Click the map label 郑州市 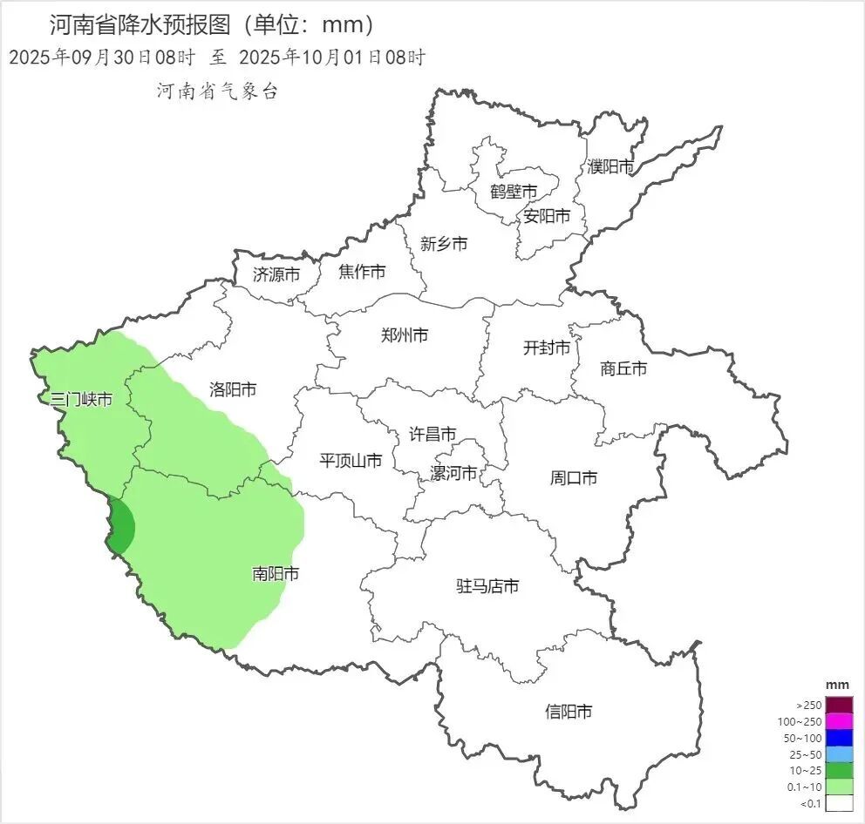click(x=405, y=334)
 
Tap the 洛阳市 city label click(x=233, y=389)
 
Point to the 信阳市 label click(x=569, y=712)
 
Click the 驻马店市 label click(x=487, y=586)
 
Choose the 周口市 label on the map click(x=574, y=477)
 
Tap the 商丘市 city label click(x=623, y=368)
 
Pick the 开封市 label click(x=547, y=348)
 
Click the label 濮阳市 click(x=610, y=166)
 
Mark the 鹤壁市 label click(x=513, y=192)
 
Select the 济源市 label click(x=276, y=274)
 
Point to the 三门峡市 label click(x=81, y=399)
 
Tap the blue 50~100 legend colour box click(x=839, y=738)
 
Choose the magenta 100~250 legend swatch click(x=839, y=721)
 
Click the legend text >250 click(x=808, y=705)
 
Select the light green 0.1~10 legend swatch click(x=839, y=787)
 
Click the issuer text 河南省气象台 click(x=217, y=91)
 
